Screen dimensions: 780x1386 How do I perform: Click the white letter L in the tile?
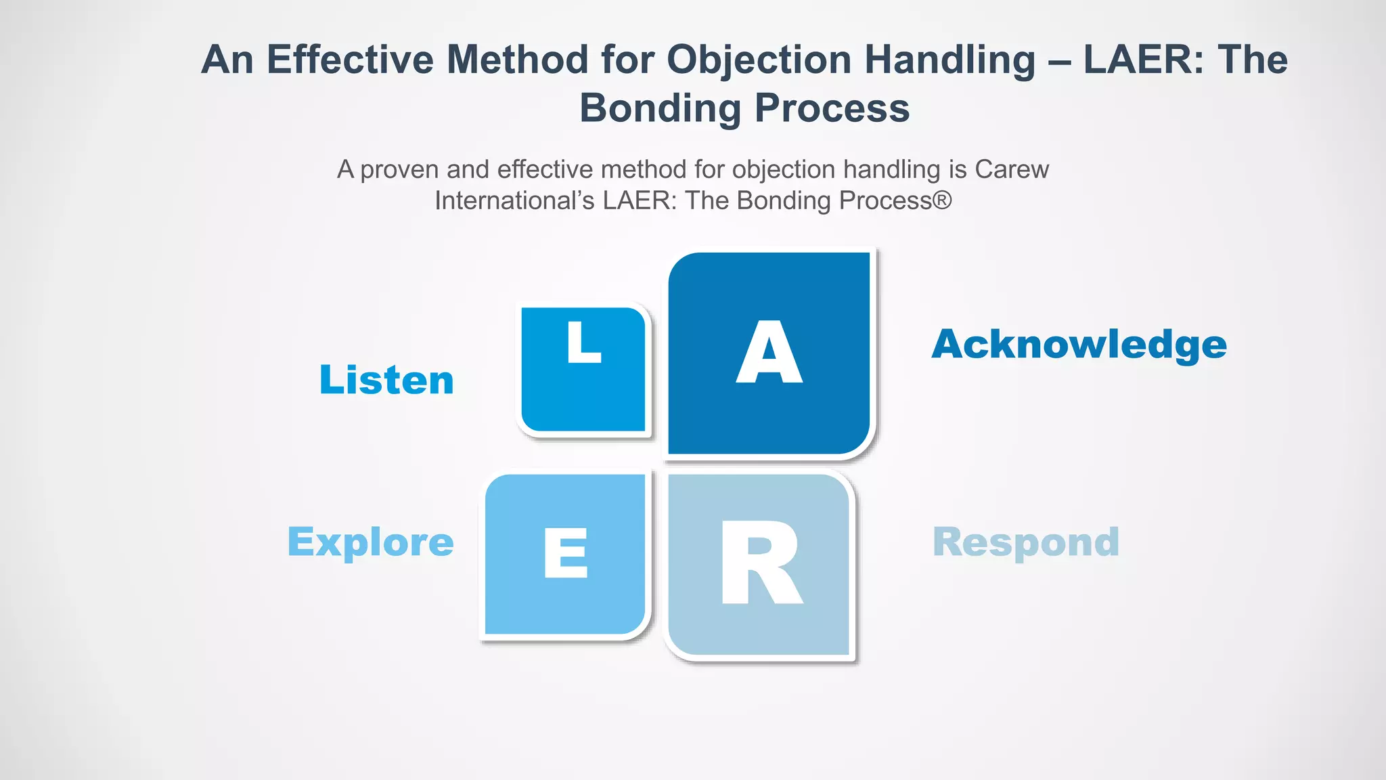coord(583,342)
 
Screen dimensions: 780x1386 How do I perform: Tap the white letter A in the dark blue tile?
coord(769,353)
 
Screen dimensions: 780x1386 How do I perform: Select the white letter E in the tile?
coord(566,553)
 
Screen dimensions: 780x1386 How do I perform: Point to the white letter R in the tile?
coord(761,563)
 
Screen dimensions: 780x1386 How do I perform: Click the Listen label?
coord(386,380)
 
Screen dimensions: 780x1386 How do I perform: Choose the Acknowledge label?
coord(1079,345)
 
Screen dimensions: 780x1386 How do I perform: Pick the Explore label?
coord(371,542)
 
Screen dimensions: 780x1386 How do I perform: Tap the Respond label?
coord(1026,542)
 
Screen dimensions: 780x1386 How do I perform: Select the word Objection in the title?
coord(759,60)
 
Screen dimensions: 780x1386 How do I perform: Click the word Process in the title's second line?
coord(832,108)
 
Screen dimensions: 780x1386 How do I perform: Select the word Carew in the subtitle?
coord(1012,169)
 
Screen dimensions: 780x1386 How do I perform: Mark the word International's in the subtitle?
coord(514,201)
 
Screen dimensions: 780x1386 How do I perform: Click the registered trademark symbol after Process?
coord(943,200)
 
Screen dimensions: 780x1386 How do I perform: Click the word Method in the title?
coord(518,60)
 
